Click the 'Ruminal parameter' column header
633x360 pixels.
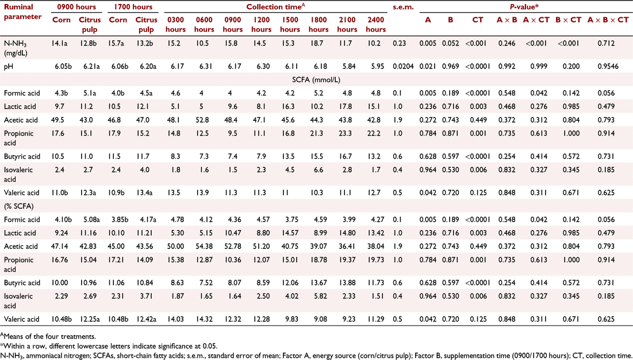coord(22,12)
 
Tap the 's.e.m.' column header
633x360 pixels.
coord(403,7)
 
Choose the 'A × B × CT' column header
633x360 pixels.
coord(608,20)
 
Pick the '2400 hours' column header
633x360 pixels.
coord(375,24)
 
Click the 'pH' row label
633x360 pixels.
coord(9,67)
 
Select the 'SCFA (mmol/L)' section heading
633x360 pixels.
coord(316,80)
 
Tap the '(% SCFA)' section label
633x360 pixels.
coord(18,206)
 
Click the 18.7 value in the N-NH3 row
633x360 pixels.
coord(319,44)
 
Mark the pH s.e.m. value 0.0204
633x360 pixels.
coord(403,67)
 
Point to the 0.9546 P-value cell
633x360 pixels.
coord(608,67)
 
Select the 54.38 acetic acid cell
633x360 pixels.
coord(204,247)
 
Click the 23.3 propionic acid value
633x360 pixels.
coord(347,133)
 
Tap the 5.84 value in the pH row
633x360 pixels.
coord(347,67)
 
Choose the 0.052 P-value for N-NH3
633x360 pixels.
coord(450,44)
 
